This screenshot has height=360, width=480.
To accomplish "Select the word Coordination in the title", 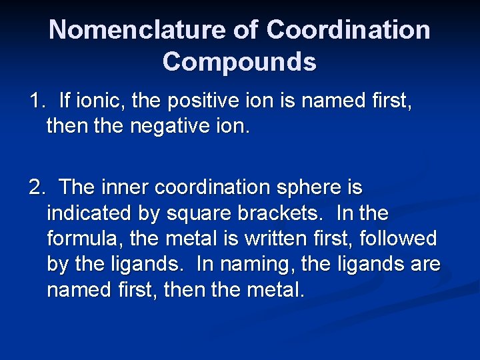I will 348,30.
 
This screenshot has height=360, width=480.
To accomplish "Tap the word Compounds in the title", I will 239,62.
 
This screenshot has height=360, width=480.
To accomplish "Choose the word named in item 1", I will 335,102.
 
